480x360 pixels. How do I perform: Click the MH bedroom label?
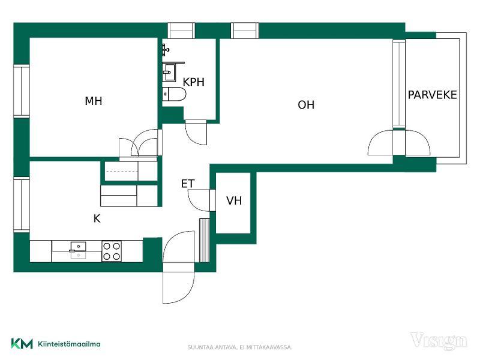pos(94,101)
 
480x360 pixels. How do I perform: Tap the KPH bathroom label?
pos(193,82)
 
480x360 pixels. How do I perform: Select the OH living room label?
pos(306,104)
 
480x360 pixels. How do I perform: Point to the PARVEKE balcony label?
pos(432,95)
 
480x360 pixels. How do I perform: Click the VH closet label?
pos(234,200)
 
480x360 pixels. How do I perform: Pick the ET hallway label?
pos(188,184)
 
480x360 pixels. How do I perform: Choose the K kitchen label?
pos(97,218)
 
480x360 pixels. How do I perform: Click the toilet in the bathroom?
pos(174,94)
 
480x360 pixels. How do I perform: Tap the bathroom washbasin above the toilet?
pos(169,72)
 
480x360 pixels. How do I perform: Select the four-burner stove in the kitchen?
pos(112,251)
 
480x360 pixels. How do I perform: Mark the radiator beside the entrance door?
pos(204,241)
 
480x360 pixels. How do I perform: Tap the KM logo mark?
pos(22,343)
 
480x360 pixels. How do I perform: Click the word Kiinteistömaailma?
pos(69,344)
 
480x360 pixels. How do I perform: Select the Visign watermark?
pos(439,341)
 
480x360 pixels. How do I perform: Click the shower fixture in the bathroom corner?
pos(166,50)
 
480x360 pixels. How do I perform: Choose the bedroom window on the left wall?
pos(22,91)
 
